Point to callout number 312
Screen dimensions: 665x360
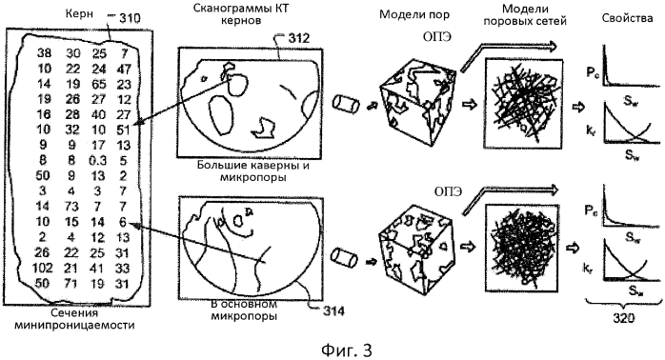(x=287, y=38)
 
